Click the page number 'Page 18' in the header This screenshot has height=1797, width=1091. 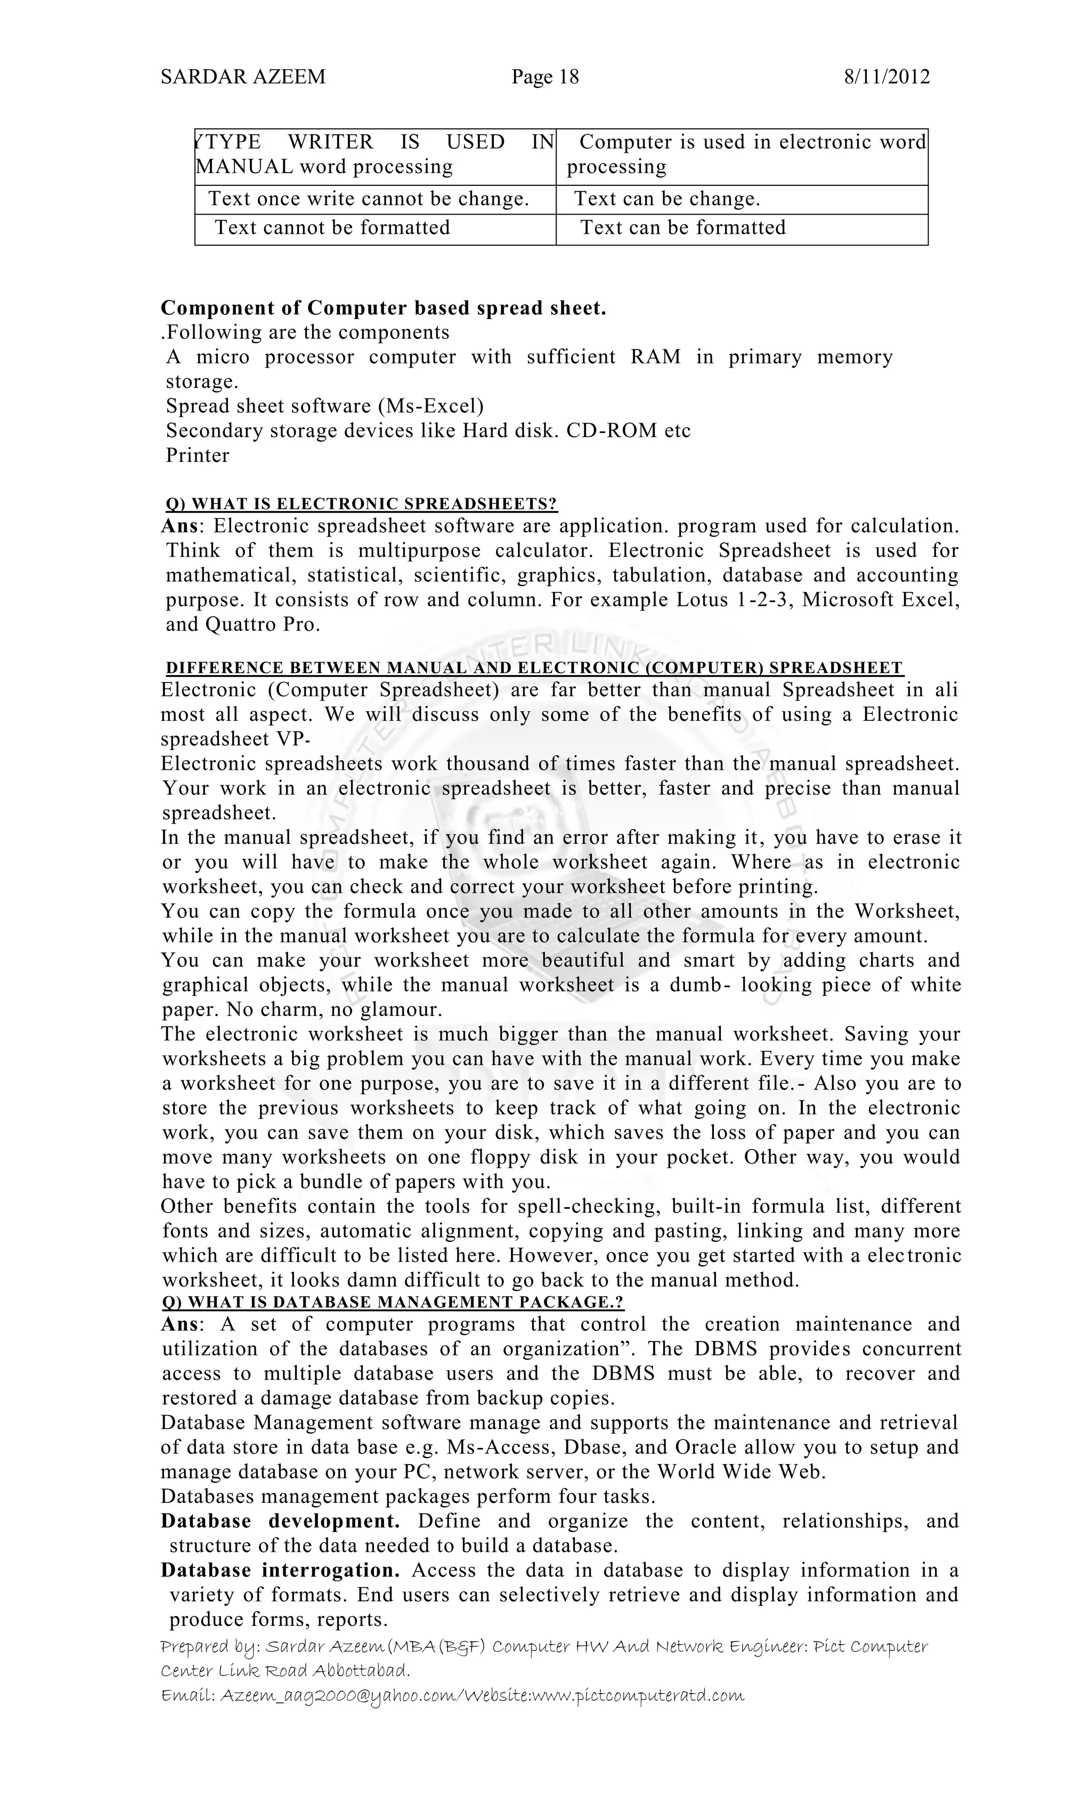[545, 77]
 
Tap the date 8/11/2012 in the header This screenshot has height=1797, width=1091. [887, 77]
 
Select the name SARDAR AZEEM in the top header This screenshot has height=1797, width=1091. [243, 77]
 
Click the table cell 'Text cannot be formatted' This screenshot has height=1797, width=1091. [332, 227]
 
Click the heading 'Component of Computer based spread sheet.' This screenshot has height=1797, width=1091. [383, 308]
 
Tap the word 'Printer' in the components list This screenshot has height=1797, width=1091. [197, 455]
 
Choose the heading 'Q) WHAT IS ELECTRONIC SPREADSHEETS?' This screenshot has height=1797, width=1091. [361, 503]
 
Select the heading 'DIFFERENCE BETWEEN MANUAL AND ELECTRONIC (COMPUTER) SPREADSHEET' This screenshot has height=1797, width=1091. [534, 668]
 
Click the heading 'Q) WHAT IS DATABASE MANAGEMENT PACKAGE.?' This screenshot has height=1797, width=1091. [393, 1302]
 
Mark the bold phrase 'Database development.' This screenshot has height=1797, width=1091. [280, 1522]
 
